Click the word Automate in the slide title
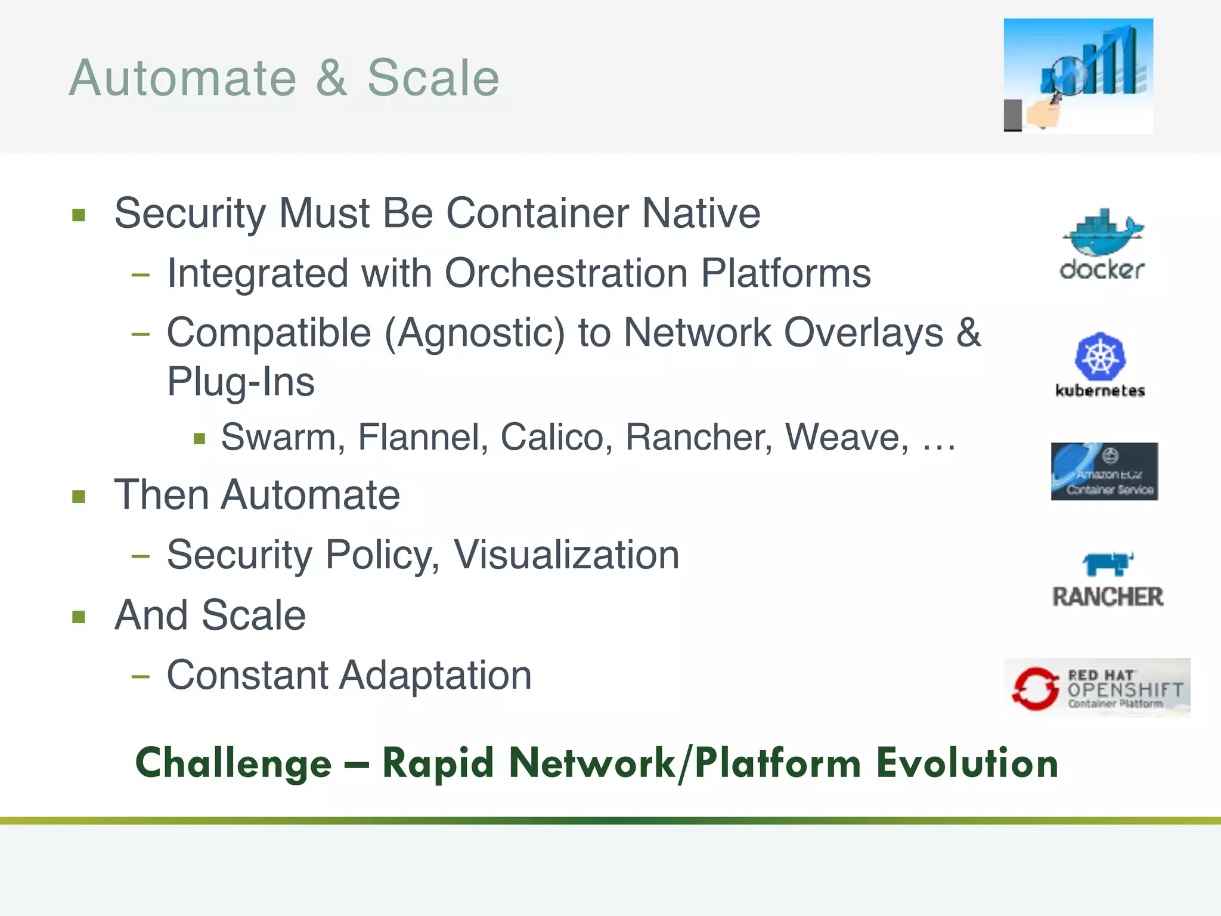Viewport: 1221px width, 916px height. [182, 78]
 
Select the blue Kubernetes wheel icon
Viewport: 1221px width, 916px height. [1100, 357]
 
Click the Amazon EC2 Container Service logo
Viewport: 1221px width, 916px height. [1104, 471]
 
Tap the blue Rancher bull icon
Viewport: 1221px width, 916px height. [1107, 564]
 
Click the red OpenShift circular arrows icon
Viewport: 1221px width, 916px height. [1035, 688]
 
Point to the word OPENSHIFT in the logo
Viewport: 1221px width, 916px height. [1125, 690]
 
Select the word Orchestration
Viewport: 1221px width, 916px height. [566, 273]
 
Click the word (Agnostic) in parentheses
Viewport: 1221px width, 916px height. [474, 333]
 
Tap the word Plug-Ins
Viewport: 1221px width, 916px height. [240, 382]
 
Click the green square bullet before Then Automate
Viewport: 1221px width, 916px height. [79, 496]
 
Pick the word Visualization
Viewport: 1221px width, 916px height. [566, 555]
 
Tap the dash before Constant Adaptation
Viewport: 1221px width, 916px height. [141, 676]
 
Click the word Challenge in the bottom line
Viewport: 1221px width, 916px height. [233, 763]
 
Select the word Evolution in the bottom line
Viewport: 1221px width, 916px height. [966, 763]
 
